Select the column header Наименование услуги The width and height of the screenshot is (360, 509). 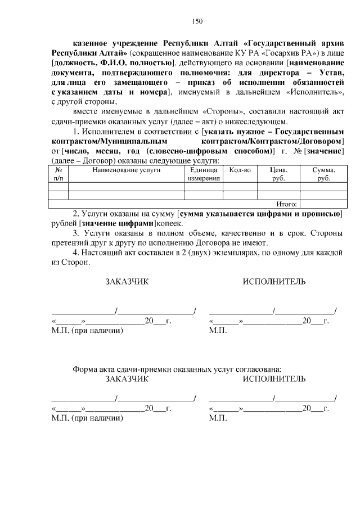coord(127,169)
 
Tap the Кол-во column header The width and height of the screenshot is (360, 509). coord(240,169)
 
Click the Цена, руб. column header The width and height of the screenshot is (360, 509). coord(278,174)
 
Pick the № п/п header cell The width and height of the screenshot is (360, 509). coord(58,174)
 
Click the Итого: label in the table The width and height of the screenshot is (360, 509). coord(287,204)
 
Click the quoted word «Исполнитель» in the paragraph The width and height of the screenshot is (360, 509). coord(312,92)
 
